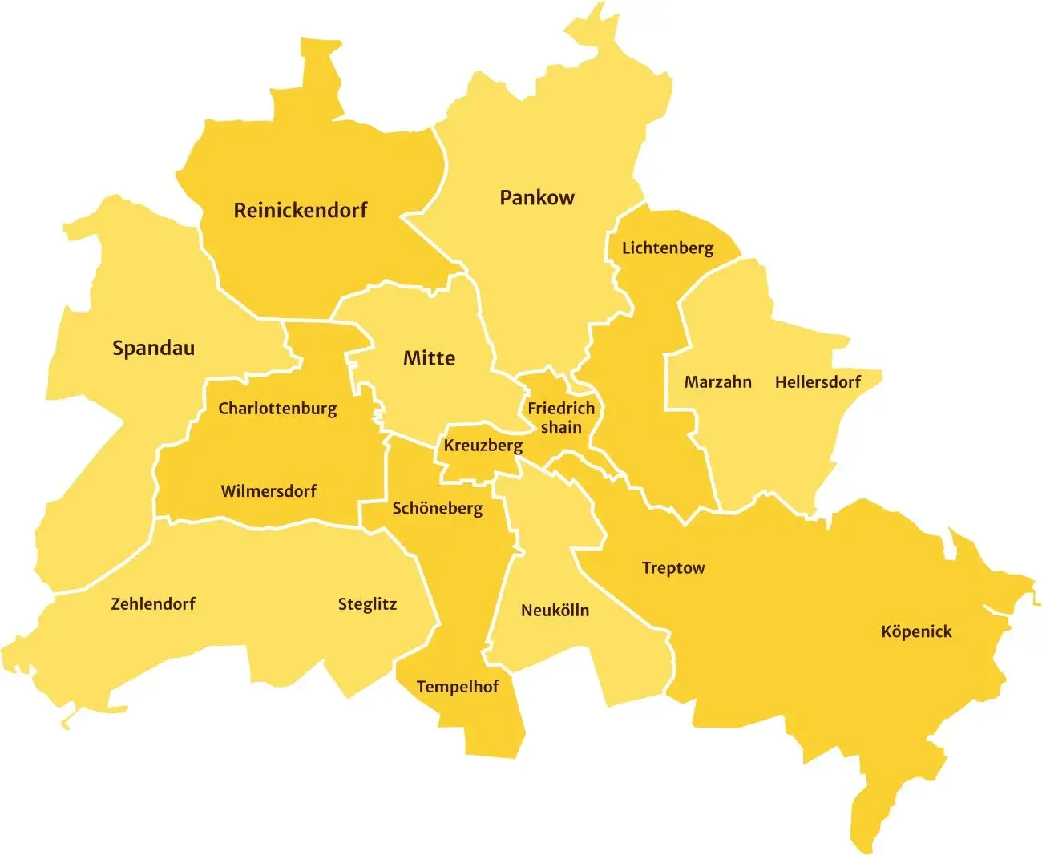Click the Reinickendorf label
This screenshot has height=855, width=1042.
pyautogui.click(x=300, y=211)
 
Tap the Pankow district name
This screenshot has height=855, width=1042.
pyautogui.click(x=536, y=198)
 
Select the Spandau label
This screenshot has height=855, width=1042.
pyautogui.click(x=153, y=349)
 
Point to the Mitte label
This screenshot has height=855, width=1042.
pyautogui.click(x=429, y=358)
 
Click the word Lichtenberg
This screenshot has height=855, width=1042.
pyautogui.click(x=667, y=248)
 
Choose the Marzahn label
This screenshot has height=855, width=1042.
pyautogui.click(x=717, y=382)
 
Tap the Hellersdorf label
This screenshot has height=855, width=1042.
pyautogui.click(x=817, y=382)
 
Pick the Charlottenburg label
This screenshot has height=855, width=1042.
pyautogui.click(x=277, y=409)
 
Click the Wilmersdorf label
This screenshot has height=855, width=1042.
pyautogui.click(x=269, y=491)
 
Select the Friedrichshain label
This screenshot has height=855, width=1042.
pyautogui.click(x=561, y=417)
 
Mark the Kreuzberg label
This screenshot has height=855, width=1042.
pyautogui.click(x=483, y=446)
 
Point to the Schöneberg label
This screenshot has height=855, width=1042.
pyautogui.click(x=437, y=509)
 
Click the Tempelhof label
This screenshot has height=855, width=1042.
pyautogui.click(x=457, y=687)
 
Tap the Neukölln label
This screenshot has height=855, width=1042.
pyautogui.click(x=555, y=611)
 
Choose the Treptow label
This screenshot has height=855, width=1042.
pyautogui.click(x=672, y=568)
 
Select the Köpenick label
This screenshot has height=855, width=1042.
pyautogui.click(x=916, y=631)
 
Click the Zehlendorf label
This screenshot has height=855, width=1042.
pyautogui.click(x=152, y=604)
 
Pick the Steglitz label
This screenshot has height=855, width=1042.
pyautogui.click(x=367, y=604)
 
